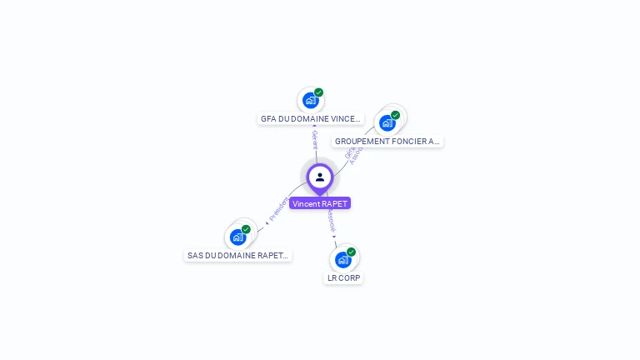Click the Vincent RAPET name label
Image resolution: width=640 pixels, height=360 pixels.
tap(320, 203)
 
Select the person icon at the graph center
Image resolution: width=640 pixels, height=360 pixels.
tap(320, 177)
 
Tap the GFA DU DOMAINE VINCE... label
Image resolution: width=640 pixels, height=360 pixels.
tap(311, 119)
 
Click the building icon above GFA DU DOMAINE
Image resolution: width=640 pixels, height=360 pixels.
tap(311, 101)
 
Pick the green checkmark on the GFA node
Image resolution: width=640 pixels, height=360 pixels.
tap(319, 92)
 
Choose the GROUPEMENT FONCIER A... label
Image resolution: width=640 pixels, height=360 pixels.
tap(387, 142)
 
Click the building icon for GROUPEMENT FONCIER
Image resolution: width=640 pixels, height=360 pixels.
tap(387, 123)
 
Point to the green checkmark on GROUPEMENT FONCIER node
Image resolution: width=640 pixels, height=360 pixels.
tap(396, 115)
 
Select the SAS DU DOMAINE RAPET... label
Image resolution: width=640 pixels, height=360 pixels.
tap(238, 256)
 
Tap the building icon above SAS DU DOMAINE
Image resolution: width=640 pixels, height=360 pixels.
tap(238, 237)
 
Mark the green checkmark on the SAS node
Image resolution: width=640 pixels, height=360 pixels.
tap(247, 229)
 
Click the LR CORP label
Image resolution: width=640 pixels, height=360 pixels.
tap(344, 277)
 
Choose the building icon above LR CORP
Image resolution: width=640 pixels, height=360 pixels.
tap(343, 260)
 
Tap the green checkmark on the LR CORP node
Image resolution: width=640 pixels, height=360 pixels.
tap(352, 252)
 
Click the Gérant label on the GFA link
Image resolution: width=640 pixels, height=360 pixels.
tap(315, 138)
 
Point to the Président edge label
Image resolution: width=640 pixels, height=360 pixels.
tap(278, 208)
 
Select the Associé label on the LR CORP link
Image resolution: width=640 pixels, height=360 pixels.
tap(332, 220)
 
